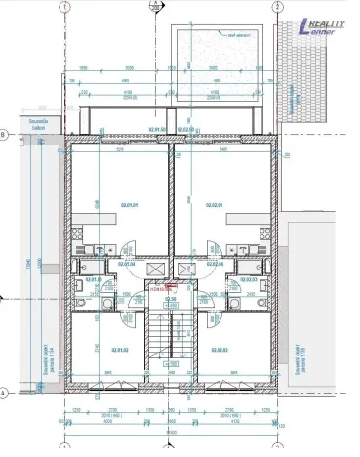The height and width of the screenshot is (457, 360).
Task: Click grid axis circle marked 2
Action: coord(279,5)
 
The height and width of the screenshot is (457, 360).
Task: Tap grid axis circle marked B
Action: coord(5,135)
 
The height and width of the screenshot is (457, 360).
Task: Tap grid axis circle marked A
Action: coord(5,392)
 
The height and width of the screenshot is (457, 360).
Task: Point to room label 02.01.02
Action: coord(118,349)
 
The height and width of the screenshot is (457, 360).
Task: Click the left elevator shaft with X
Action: coord(152,266)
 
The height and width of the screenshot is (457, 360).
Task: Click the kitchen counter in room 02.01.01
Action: coord(98,237)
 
